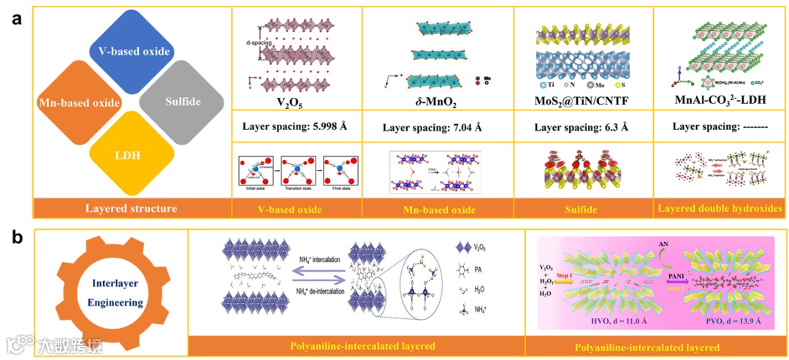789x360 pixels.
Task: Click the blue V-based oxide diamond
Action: coord(129,51)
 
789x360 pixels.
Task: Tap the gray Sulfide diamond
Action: coord(179,102)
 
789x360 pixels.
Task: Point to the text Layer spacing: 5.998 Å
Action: coord(294,126)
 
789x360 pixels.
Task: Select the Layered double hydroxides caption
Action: coord(720,209)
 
